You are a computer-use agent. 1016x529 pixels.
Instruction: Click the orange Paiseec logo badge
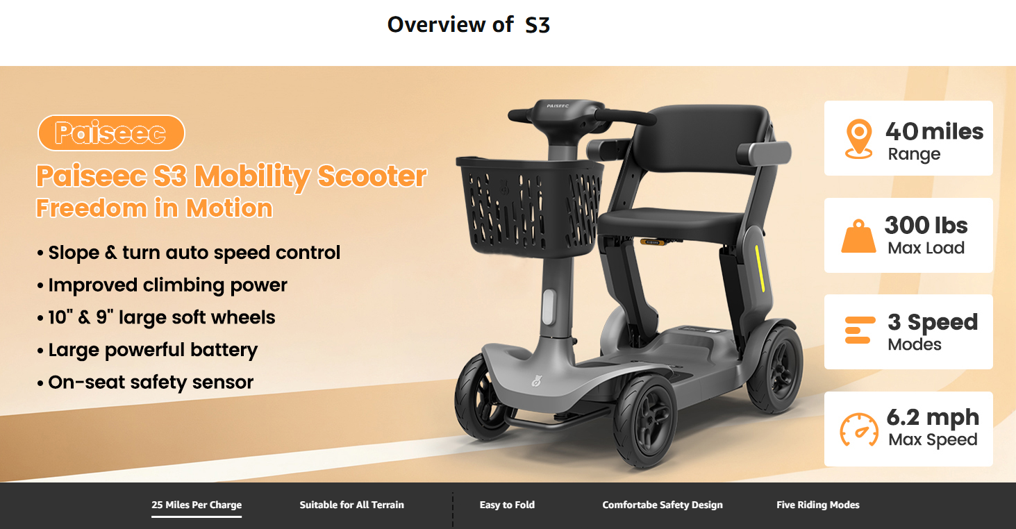pyautogui.click(x=111, y=133)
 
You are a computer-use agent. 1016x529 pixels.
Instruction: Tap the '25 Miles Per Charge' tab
pyautogui.click(x=197, y=505)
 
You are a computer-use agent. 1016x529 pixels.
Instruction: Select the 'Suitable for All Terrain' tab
pyautogui.click(x=351, y=505)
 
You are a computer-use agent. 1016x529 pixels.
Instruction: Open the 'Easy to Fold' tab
pyautogui.click(x=507, y=505)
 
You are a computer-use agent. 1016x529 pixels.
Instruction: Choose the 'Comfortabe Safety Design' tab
pyautogui.click(x=663, y=505)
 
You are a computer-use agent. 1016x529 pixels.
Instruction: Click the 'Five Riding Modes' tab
pyautogui.click(x=818, y=505)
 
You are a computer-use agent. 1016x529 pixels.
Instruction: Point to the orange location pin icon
pyautogui.click(x=858, y=139)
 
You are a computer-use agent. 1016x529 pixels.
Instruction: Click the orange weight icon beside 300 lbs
pyautogui.click(x=858, y=236)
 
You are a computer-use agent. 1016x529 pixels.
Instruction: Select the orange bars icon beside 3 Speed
pyautogui.click(x=860, y=330)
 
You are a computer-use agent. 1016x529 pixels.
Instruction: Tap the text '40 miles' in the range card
pyautogui.click(x=934, y=131)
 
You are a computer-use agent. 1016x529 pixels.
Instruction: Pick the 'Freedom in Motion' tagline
pyautogui.click(x=154, y=208)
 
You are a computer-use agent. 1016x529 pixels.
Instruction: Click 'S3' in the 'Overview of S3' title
pyautogui.click(x=538, y=25)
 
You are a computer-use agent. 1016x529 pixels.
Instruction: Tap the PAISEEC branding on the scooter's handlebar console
pyautogui.click(x=558, y=106)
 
